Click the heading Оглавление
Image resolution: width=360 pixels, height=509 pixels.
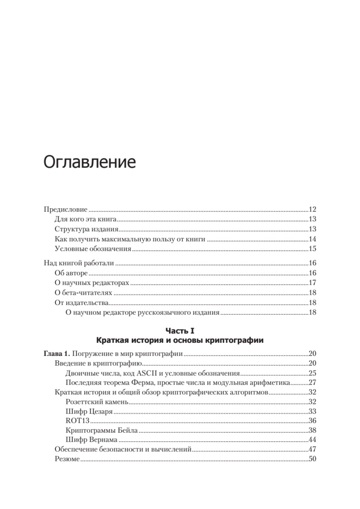(89, 162)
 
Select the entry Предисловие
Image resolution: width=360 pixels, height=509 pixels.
(66, 210)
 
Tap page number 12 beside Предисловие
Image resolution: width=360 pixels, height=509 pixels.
(313, 210)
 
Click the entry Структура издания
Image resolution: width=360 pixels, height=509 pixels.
(87, 229)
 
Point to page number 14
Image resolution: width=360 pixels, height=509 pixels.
(313, 239)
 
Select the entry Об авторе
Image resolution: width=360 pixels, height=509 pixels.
(71, 273)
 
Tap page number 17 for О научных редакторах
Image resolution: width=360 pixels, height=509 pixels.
(313, 283)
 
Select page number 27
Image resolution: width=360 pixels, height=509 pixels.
(313, 383)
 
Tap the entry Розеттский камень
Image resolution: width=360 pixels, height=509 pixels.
(98, 402)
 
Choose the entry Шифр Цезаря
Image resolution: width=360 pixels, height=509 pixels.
(89, 411)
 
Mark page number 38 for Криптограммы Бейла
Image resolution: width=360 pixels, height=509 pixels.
(313, 431)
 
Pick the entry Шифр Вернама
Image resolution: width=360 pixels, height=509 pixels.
(92, 440)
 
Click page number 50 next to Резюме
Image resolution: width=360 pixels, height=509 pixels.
(313, 459)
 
